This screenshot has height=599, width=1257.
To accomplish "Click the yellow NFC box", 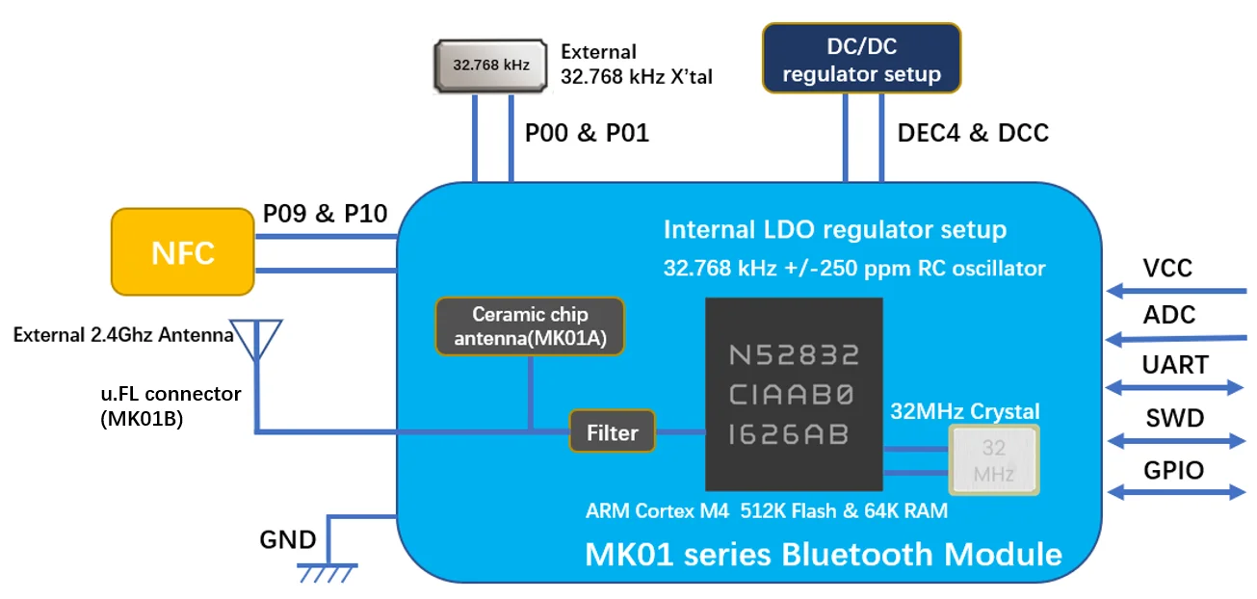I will (x=183, y=252).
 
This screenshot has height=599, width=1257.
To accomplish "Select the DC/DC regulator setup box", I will (x=861, y=58).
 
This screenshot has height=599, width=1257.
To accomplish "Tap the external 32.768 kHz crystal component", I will (x=492, y=65).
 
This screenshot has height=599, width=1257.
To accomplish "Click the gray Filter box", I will (x=613, y=432).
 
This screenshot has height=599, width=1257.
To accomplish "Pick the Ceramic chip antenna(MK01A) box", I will (x=530, y=326).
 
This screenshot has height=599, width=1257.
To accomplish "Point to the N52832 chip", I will (x=794, y=394).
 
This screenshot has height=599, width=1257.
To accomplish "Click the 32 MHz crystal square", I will (x=994, y=460).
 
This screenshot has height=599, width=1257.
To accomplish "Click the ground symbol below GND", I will (x=327, y=572).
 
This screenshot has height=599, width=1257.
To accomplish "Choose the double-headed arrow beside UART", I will (x=1176, y=387).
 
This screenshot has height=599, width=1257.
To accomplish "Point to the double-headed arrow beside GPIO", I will (x=1176, y=491).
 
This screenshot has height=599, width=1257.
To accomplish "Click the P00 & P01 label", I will (x=587, y=133).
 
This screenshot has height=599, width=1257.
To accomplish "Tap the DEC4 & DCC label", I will (x=972, y=133).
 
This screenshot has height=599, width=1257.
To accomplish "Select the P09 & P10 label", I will (x=325, y=214).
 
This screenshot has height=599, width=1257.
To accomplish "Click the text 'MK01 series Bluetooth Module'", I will (x=824, y=554).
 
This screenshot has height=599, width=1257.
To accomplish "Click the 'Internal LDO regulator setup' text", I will (x=834, y=229).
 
